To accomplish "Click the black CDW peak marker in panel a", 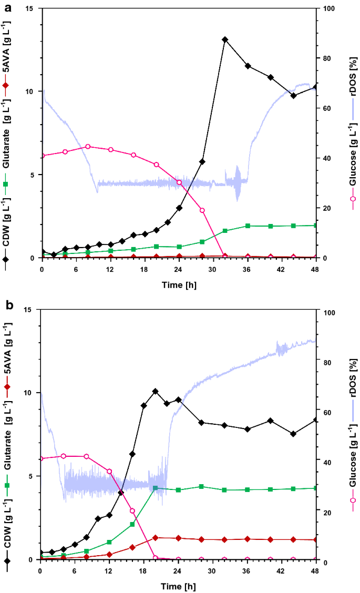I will (x=225, y=39).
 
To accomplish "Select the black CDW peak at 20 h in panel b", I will (x=155, y=391).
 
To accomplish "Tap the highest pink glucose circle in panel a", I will (x=88, y=147).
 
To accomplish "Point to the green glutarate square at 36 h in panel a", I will (x=248, y=226).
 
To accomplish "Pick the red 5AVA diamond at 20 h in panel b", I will (x=155, y=538).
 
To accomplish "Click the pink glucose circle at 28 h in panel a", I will (x=202, y=210).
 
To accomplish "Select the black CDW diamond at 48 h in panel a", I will (x=315, y=87).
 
